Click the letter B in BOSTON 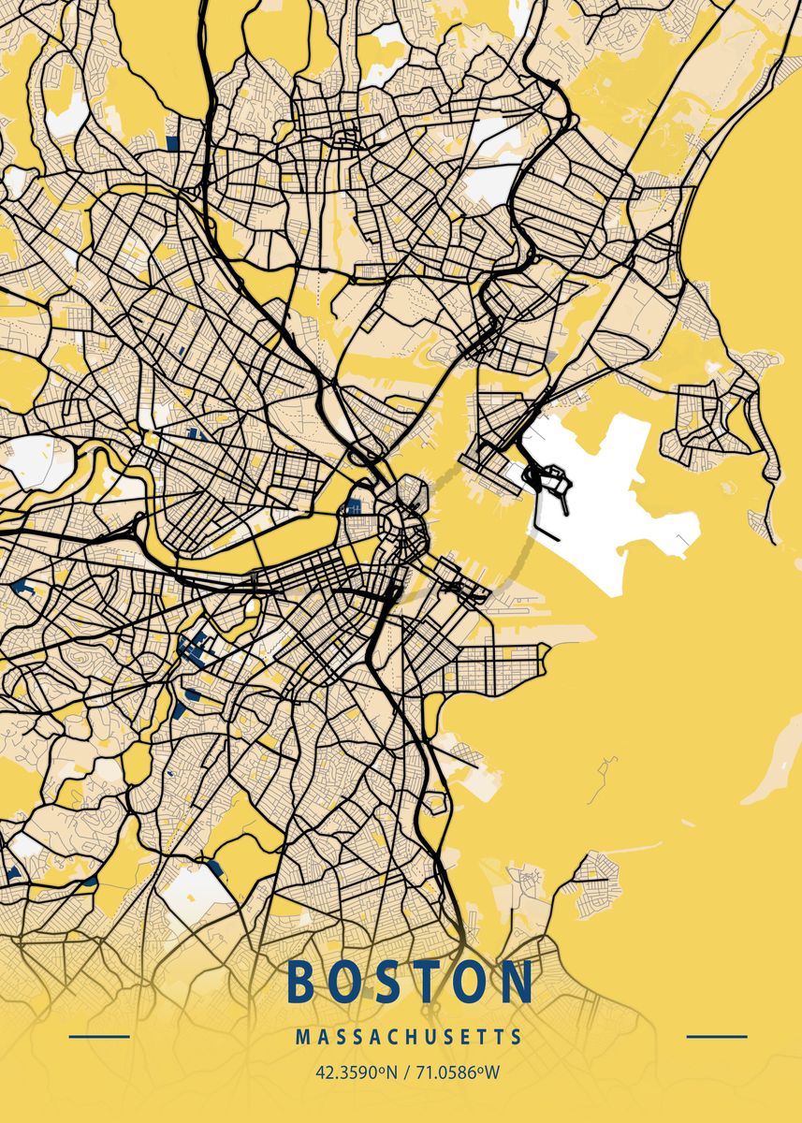[301, 982]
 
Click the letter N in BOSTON [518, 982]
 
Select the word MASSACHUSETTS [409, 1038]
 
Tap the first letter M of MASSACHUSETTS [300, 1038]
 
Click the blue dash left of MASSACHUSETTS [99, 1037]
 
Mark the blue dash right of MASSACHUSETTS [717, 1037]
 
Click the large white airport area [618, 524]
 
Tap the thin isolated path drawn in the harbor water [604, 777]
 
